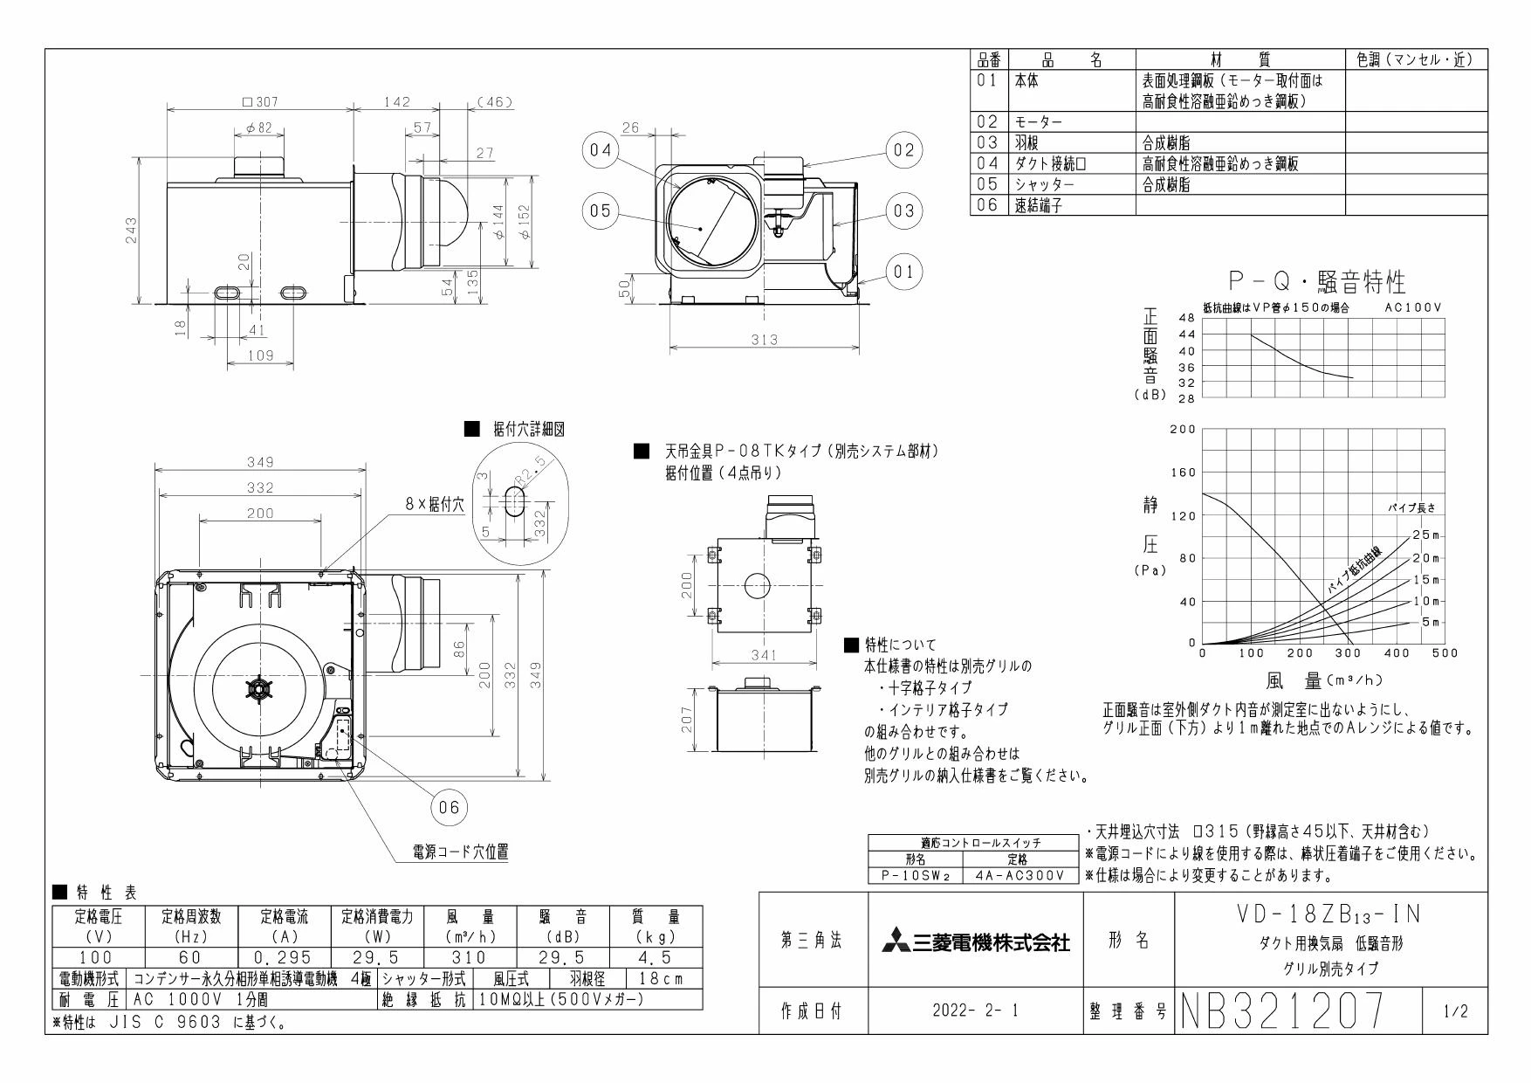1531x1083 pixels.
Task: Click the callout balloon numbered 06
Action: pos(449,807)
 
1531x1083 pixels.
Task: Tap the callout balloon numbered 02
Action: pos(903,149)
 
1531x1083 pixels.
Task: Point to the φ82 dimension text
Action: pos(259,128)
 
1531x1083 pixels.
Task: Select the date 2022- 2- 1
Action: pos(976,1011)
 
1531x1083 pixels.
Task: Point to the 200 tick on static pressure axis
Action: pos(1183,429)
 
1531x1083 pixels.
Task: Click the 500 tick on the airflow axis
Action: pos(1445,652)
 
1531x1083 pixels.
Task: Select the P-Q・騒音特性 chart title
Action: pos(1317,282)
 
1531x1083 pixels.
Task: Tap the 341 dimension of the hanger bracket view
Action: pos(764,654)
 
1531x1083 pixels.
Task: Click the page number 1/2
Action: pos(1455,1012)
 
